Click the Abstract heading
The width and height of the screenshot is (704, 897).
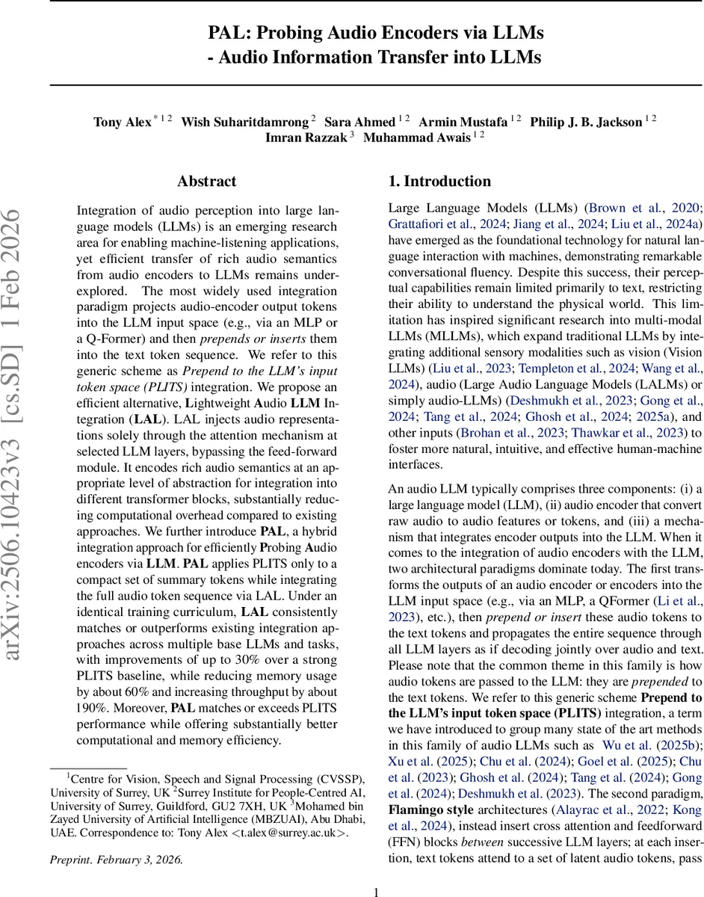click(206, 182)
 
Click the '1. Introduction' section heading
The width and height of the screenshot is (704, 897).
click(439, 182)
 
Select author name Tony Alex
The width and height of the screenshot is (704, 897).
click(123, 122)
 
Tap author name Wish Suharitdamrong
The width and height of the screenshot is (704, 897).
click(245, 122)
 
